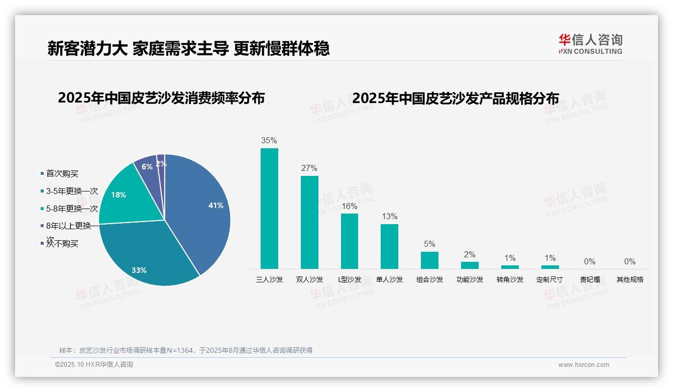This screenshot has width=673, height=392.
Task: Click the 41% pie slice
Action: [201, 211]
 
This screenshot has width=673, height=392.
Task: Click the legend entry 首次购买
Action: [62, 173]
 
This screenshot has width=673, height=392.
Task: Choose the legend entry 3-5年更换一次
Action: [71, 191]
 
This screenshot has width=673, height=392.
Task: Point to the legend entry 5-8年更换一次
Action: [71, 209]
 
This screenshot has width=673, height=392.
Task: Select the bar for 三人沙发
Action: [269, 209]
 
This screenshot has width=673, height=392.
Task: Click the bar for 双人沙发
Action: [309, 222]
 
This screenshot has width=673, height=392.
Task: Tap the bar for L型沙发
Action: [350, 241]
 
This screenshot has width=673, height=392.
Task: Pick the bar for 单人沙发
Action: [389, 246]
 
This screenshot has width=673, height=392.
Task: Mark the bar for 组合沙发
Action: [429, 260]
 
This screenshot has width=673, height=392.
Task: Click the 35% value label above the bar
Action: [269, 141]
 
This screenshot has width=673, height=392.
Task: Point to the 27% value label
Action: [309, 168]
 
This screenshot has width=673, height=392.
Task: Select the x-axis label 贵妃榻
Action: [590, 279]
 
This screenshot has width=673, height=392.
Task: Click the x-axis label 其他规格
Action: [630, 279]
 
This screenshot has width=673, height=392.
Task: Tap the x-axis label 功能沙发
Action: [470, 279]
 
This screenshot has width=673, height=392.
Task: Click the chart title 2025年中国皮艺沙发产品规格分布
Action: [456, 98]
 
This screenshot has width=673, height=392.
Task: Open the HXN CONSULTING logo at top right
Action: [590, 44]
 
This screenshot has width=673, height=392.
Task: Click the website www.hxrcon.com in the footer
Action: [584, 365]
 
